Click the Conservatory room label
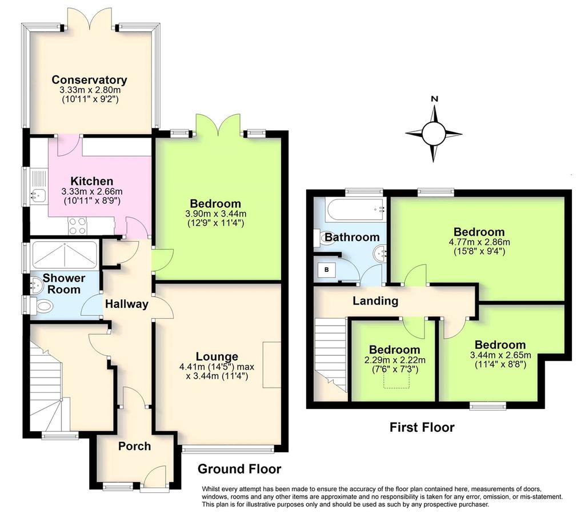point(89,80)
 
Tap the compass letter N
point(434,99)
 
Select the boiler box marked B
point(326,270)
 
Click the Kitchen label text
point(92,181)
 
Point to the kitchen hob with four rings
point(77,225)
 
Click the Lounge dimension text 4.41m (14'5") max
point(217,367)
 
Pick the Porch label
point(135,446)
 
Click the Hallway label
point(127,304)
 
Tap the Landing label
point(376,300)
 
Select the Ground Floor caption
point(239,469)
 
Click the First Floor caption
point(422,427)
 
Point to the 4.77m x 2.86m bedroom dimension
point(479,242)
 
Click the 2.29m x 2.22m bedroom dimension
point(395,360)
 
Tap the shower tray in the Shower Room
point(65,255)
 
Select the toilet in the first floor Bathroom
point(325,239)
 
